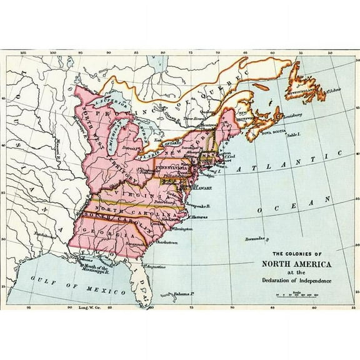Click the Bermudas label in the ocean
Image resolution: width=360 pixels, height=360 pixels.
coord(255,238)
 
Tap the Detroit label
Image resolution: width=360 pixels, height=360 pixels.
coord(131,147)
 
